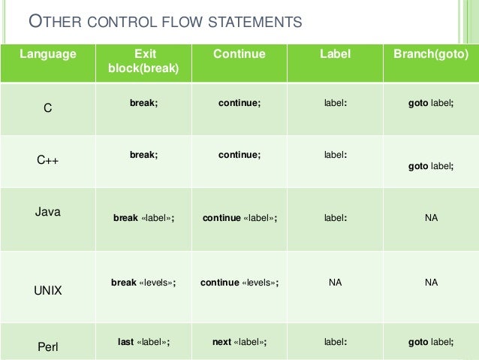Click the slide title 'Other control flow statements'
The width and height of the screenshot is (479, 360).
click(x=165, y=22)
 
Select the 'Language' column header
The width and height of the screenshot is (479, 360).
click(x=48, y=54)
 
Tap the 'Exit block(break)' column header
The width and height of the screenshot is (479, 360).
click(x=143, y=61)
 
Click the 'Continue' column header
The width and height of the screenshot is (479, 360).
click(x=239, y=54)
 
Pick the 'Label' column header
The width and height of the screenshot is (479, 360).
click(x=335, y=54)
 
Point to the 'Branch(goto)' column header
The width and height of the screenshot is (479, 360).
click(x=431, y=54)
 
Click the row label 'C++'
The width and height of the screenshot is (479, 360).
click(x=47, y=160)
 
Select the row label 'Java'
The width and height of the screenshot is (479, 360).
click(x=48, y=212)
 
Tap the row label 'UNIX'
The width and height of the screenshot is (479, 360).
click(x=48, y=290)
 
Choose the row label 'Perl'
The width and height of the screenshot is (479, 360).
click(x=48, y=347)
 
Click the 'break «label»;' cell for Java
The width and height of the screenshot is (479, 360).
click(x=144, y=218)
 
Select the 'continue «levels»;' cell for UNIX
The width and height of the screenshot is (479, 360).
click(x=239, y=283)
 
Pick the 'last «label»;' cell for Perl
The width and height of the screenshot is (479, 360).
click(x=144, y=342)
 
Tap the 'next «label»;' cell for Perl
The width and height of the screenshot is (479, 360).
click(x=239, y=342)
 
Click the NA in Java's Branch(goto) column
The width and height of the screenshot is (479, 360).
click(x=431, y=218)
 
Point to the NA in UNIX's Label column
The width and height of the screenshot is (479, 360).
click(x=335, y=283)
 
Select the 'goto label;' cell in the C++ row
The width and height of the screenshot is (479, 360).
click(x=431, y=166)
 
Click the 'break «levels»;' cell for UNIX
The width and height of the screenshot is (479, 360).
click(x=143, y=283)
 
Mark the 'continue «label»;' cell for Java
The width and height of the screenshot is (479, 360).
click(x=239, y=218)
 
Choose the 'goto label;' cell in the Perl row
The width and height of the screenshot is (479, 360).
click(x=431, y=342)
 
